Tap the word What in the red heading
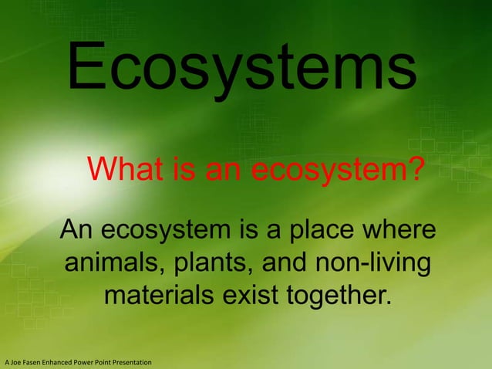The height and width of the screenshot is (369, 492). tap(126, 168)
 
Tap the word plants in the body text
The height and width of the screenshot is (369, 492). tap(208, 263)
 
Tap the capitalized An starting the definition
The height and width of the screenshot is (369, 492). tap(77, 230)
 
